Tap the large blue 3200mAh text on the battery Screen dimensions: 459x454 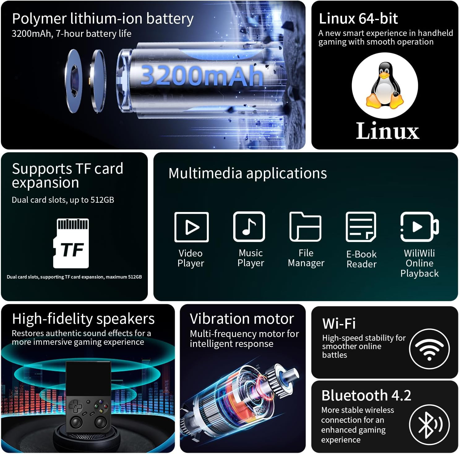(202, 76)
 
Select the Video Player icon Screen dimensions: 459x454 (191, 227)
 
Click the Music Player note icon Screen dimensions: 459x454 (249, 227)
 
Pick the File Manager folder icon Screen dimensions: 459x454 (305, 227)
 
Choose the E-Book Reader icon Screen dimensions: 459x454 (361, 227)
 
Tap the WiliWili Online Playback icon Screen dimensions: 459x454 (419, 227)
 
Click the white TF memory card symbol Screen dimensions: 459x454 (71, 243)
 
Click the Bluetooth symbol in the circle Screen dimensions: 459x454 (429, 425)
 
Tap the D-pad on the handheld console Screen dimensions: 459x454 (75, 406)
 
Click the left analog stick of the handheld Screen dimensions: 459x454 (76, 422)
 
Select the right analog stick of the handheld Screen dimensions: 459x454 (101, 422)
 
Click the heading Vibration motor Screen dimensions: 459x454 (242, 319)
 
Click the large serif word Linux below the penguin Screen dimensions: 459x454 (388, 131)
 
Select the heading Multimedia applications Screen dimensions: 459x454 (248, 173)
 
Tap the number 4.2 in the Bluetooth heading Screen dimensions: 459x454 (401, 396)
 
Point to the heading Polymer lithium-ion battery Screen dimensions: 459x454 (103, 19)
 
